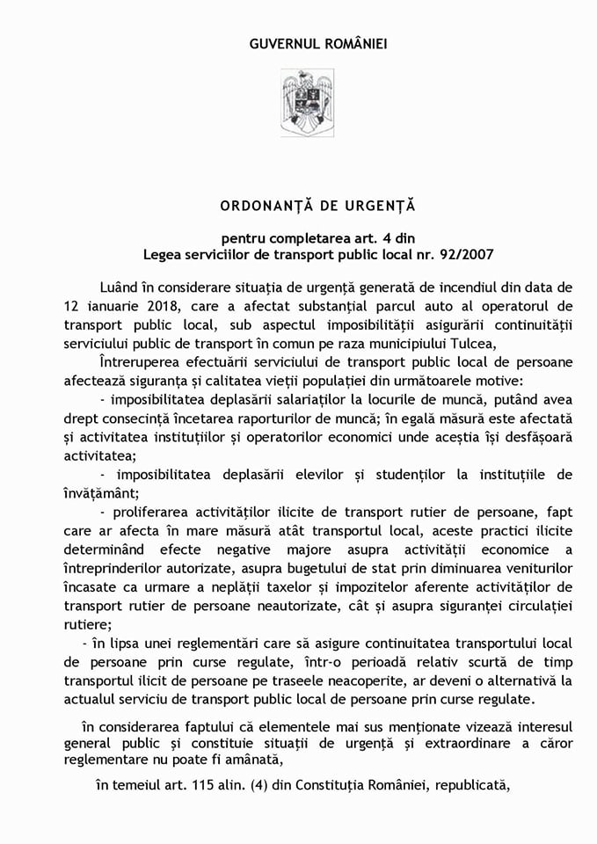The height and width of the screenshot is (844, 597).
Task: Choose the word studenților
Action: [x=416, y=475]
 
